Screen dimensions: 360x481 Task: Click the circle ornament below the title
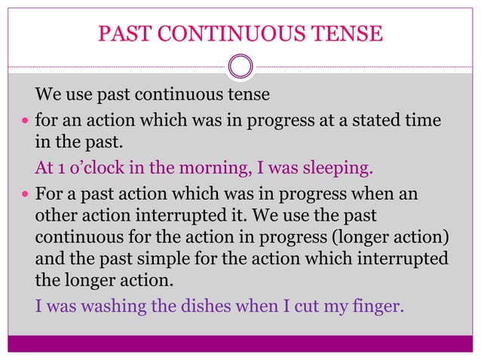pos(240,66)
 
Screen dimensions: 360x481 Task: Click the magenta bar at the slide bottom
pos(240,343)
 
